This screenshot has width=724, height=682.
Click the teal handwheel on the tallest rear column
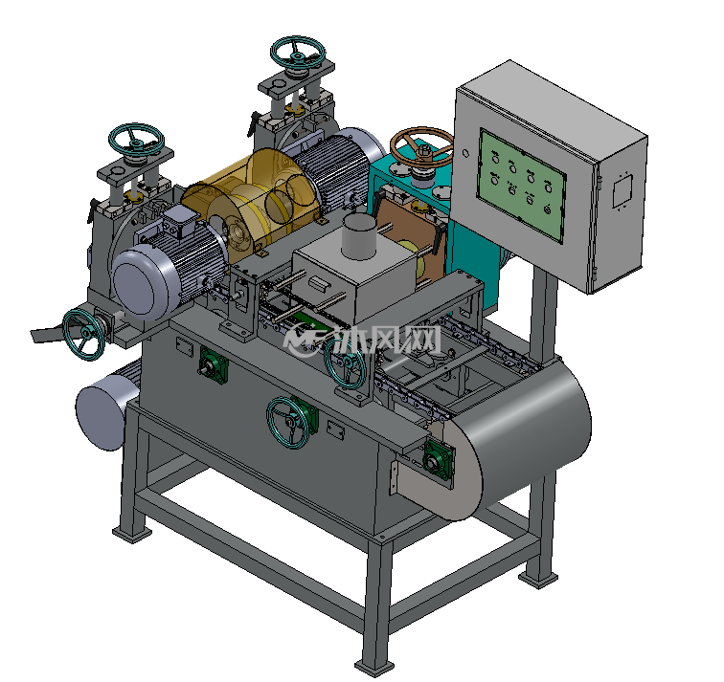pyautogui.click(x=298, y=52)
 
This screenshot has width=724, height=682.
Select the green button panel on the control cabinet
pyautogui.click(x=522, y=185)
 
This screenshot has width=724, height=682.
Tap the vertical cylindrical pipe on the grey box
pyautogui.click(x=359, y=237)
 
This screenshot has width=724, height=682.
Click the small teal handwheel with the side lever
pyautogui.click(x=83, y=334)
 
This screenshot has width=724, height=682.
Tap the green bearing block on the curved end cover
pyautogui.click(x=438, y=458)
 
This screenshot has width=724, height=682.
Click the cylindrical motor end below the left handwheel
pyautogui.click(x=101, y=416)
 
